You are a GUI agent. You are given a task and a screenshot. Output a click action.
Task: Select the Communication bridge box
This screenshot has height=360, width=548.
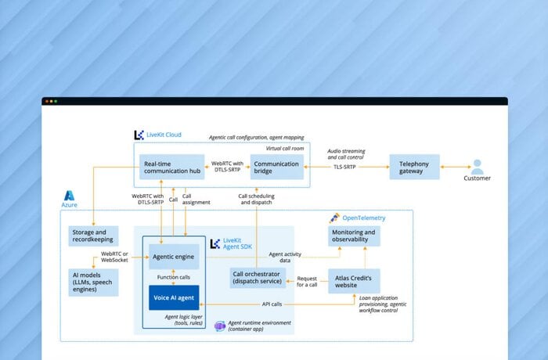point(277,168)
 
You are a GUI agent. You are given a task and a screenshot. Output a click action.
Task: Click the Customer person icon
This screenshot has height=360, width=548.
point(477,166)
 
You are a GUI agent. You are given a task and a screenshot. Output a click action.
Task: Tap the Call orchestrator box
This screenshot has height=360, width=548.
point(258,279)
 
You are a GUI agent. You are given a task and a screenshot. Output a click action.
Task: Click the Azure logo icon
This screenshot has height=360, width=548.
point(70,196)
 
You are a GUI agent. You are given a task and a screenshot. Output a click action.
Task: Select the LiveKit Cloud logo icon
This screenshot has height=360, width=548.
point(139,135)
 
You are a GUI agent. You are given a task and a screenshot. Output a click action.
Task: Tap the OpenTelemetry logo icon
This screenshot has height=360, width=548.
point(334,218)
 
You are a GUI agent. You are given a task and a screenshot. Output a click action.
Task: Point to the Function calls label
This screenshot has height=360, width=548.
point(174,276)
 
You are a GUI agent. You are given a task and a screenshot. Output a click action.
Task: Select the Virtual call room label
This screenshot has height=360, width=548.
point(285,148)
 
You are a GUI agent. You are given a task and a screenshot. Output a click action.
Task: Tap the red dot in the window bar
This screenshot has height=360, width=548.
point(45,101)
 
